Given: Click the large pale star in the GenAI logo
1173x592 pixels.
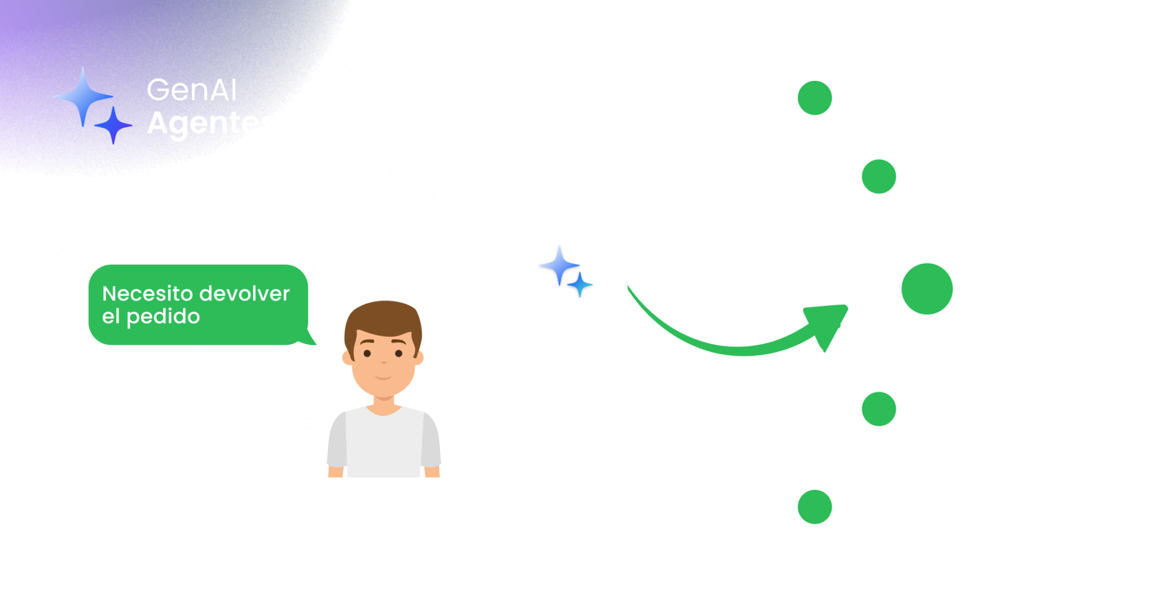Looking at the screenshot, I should click(83, 96).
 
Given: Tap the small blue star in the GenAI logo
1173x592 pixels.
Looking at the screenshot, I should click(113, 124).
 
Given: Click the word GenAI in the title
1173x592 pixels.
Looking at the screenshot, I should click(192, 90).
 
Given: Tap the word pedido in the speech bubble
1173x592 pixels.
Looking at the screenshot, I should click(163, 316).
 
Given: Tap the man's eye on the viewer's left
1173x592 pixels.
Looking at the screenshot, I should click(367, 354).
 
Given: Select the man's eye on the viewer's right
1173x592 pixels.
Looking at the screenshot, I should click(399, 354).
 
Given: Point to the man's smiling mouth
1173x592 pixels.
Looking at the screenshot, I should click(383, 378).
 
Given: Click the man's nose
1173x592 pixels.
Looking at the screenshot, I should click(383, 362).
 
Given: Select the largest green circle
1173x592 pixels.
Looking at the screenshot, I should click(927, 289).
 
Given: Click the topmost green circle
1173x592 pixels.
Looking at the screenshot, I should click(814, 97).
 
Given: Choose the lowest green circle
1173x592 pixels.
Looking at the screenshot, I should click(814, 507).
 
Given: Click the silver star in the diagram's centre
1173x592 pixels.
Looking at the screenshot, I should click(558, 265).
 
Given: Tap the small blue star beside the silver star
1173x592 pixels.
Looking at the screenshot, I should click(580, 285).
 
